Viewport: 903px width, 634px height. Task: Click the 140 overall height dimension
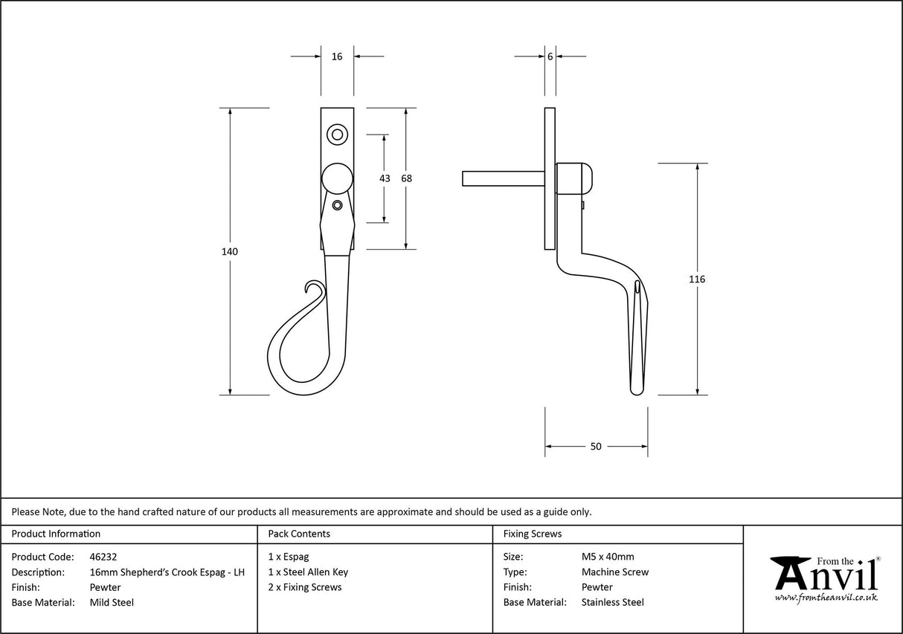point(230,252)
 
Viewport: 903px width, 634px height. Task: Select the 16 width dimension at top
point(337,56)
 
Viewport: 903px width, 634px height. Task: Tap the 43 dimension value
point(385,178)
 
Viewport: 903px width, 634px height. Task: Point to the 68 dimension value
point(406,178)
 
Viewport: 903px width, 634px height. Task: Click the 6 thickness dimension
point(550,56)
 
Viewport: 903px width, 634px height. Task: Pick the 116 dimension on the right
point(697,279)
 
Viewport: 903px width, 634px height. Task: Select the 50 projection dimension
point(596,447)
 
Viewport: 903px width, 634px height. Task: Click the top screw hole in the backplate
point(337,135)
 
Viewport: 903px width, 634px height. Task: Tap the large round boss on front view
point(337,178)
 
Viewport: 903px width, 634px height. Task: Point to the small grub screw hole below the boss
point(337,205)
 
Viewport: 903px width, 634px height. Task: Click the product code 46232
point(103,557)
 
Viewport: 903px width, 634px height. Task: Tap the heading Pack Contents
point(299,534)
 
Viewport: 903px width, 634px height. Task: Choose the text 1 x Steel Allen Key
point(308,572)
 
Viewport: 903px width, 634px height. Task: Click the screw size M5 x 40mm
point(608,557)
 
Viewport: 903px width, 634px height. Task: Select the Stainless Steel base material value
point(613,603)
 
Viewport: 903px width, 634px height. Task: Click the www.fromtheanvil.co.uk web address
point(826,598)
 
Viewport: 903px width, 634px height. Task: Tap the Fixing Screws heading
point(533,534)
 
